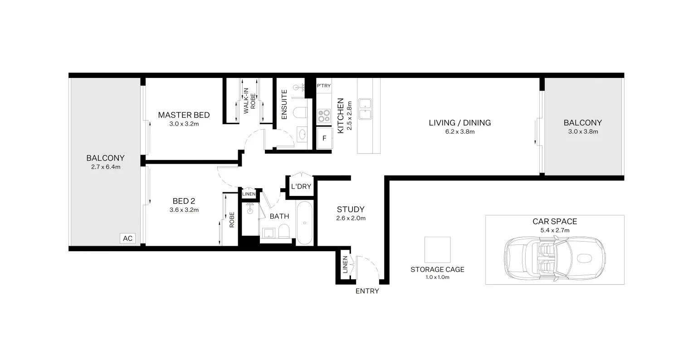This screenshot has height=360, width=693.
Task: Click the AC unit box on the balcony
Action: (x=127, y=238)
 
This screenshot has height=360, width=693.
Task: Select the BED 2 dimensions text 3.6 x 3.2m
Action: (x=184, y=210)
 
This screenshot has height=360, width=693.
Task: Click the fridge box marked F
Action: (x=324, y=138)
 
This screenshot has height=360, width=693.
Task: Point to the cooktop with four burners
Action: (x=324, y=116)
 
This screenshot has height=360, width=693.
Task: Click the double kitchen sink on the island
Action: (x=365, y=108)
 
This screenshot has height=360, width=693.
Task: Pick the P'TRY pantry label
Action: (x=323, y=86)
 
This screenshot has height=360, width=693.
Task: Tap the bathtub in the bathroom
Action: (x=304, y=223)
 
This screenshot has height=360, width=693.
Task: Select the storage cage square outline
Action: (x=437, y=249)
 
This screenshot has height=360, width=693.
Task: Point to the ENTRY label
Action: (x=367, y=291)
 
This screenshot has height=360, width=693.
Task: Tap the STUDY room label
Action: (x=351, y=209)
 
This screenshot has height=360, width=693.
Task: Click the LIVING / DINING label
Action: (x=460, y=123)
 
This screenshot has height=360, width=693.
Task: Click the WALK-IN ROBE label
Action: (x=249, y=102)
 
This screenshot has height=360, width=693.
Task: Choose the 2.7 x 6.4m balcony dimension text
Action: (x=105, y=167)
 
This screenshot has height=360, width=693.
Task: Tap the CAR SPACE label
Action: (x=554, y=222)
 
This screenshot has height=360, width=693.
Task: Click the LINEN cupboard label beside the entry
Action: (x=345, y=265)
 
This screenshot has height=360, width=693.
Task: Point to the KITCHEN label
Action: (x=340, y=112)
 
